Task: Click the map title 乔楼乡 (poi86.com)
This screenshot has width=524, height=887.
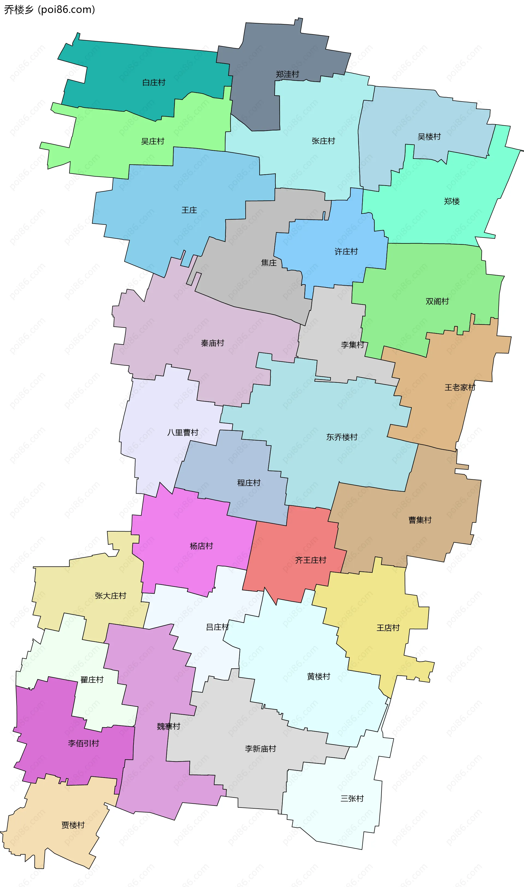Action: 49,10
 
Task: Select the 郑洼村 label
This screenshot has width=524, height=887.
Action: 287,74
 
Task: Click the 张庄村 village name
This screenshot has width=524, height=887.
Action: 323,141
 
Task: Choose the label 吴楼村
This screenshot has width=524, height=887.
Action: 429,137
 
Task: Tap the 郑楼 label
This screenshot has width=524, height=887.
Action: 452,201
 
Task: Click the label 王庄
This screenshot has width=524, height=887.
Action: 189,210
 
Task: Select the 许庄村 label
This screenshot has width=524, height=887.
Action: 346,251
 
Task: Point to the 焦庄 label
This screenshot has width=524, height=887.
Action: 269,263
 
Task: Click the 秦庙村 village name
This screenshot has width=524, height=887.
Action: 213,343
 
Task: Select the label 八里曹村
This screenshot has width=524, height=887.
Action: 183,432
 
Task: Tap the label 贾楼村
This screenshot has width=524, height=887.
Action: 73,825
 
